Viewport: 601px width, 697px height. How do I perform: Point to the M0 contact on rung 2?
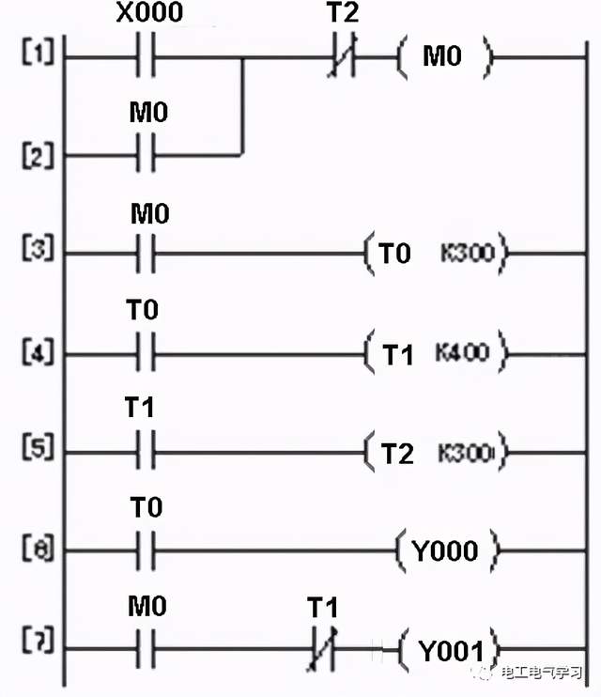[x=146, y=153]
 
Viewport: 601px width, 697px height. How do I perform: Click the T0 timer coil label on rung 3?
[x=395, y=254]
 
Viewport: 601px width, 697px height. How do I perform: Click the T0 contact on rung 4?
[x=146, y=354]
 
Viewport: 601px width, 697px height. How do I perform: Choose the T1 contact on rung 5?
[x=146, y=452]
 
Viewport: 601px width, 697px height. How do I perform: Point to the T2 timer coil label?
[x=397, y=454]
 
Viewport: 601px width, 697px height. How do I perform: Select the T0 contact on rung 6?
[x=146, y=550]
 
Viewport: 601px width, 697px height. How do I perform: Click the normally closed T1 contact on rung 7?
[x=322, y=648]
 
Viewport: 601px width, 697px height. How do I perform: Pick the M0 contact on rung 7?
[x=146, y=648]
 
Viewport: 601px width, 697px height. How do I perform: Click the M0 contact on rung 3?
[x=146, y=253]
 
